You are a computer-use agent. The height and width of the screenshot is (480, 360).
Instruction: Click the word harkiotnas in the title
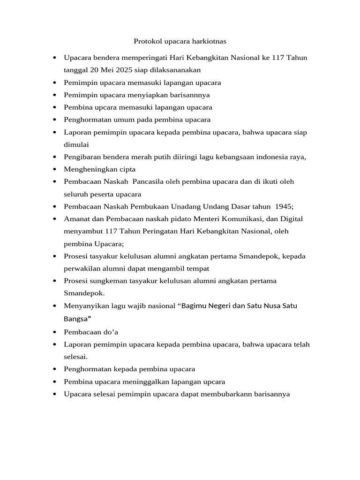point(206,41)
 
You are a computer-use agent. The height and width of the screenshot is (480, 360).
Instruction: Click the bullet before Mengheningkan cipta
point(55,169)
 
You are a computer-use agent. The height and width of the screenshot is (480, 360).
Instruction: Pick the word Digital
point(292,218)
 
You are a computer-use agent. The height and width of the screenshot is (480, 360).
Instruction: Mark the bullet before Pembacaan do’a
point(55,332)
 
